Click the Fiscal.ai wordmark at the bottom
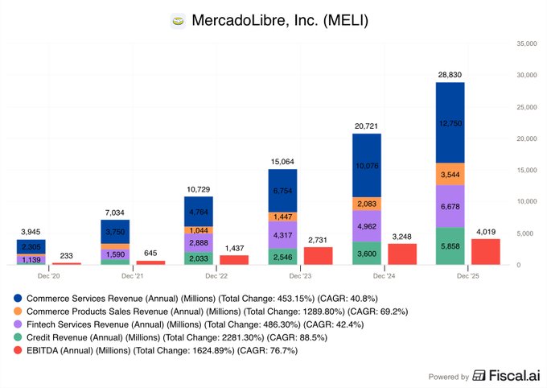point(511,376)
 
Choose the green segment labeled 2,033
point(199,258)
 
